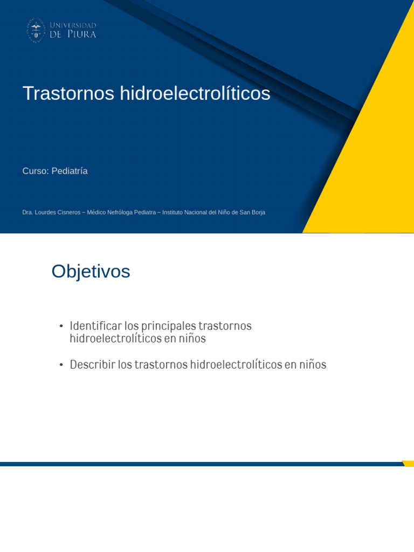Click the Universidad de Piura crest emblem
[36, 30]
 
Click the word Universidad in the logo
[73, 25]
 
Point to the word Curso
[34, 171]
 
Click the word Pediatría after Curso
[70, 171]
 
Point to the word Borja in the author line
[258, 212]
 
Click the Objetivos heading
[91, 272]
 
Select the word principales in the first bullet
[169, 326]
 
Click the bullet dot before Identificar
[61, 327]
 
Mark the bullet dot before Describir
[61, 365]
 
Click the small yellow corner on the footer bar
[409, 463]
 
